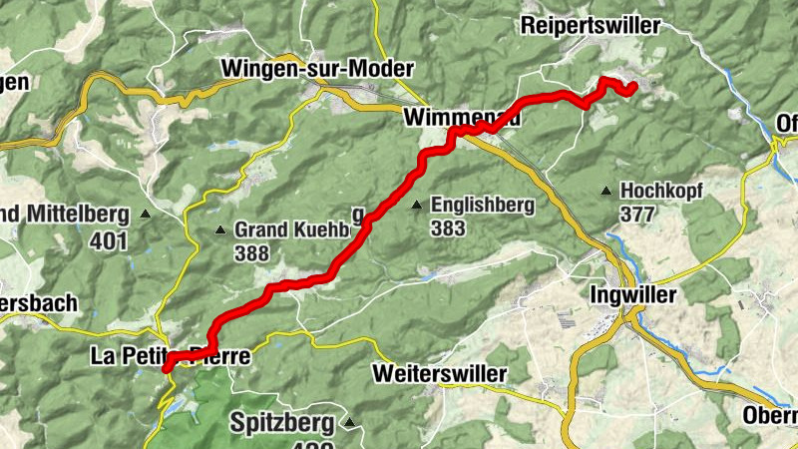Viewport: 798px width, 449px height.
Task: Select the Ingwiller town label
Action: pyautogui.click(x=633, y=295)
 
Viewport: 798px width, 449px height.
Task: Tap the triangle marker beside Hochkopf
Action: pyautogui.click(x=605, y=190)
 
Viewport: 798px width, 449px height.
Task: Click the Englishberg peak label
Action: pyautogui.click(x=483, y=205)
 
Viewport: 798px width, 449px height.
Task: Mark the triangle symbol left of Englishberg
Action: pyautogui.click(x=416, y=206)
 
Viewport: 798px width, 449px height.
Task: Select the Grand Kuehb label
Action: pyautogui.click(x=290, y=229)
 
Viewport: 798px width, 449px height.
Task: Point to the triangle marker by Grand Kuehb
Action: pyautogui.click(x=220, y=230)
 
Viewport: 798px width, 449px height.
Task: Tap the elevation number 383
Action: pyautogui.click(x=448, y=228)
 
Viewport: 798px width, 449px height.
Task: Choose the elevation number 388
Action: pyautogui.click(x=252, y=253)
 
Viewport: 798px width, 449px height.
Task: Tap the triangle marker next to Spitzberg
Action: pyautogui.click(x=350, y=423)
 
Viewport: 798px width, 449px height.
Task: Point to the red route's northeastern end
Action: pyautogui.click(x=633, y=90)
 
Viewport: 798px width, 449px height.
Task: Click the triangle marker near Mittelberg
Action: pyautogui.click(x=147, y=214)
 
